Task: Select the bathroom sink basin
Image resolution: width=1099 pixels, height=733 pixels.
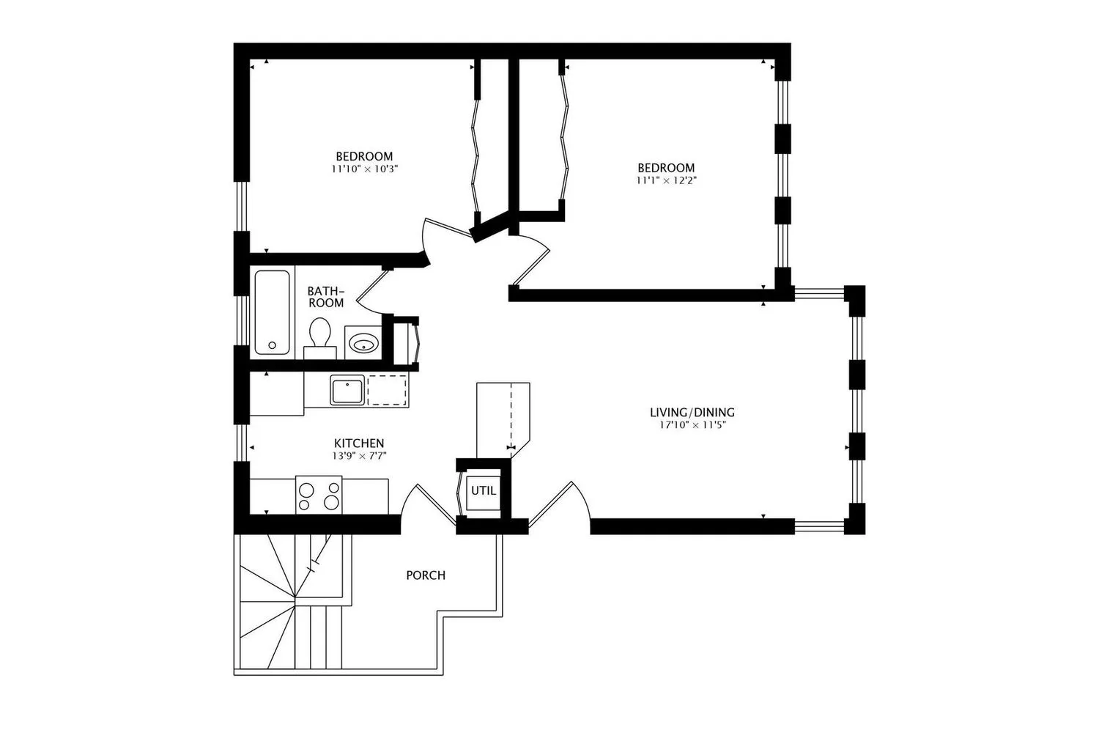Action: tap(363, 342)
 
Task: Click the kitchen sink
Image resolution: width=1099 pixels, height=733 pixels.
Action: tap(347, 389)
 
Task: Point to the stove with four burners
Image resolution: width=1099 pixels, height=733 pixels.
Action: tap(319, 495)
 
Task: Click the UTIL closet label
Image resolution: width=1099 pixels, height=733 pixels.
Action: tap(483, 491)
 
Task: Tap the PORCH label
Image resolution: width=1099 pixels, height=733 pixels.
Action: tap(426, 575)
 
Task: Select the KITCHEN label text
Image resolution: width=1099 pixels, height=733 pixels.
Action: tap(359, 443)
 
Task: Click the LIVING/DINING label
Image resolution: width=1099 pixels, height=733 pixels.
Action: tap(692, 413)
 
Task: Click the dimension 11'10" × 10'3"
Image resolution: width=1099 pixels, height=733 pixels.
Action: tap(364, 169)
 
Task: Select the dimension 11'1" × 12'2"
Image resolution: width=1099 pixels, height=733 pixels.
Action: tap(665, 180)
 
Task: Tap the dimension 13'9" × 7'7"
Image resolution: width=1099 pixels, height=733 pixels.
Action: tap(359, 455)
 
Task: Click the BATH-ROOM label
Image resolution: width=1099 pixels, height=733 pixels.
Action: tap(325, 297)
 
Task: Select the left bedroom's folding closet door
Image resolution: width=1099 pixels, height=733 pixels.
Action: tap(475, 154)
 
